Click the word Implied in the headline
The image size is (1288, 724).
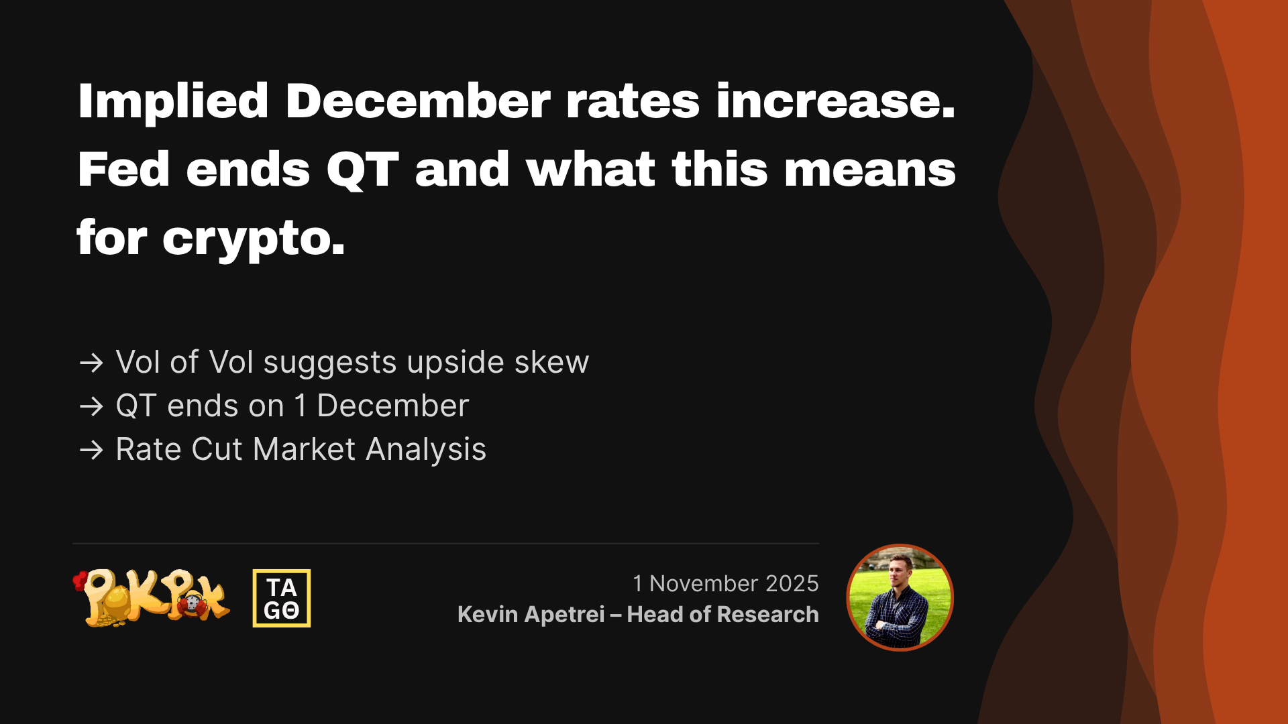tap(173, 102)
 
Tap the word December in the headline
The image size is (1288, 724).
tap(417, 102)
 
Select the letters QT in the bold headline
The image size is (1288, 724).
tap(362, 170)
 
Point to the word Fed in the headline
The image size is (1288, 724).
tap(123, 170)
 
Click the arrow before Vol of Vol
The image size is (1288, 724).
tap(91, 363)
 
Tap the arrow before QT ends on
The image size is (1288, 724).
tap(91, 407)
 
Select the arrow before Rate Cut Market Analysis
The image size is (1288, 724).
tap(91, 450)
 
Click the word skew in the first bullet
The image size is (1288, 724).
tap(551, 363)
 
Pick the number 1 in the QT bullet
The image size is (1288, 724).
tap(301, 406)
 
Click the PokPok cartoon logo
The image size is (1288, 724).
tap(152, 598)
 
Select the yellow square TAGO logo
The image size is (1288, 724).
tap(282, 598)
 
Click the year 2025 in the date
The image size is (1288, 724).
tap(792, 584)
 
